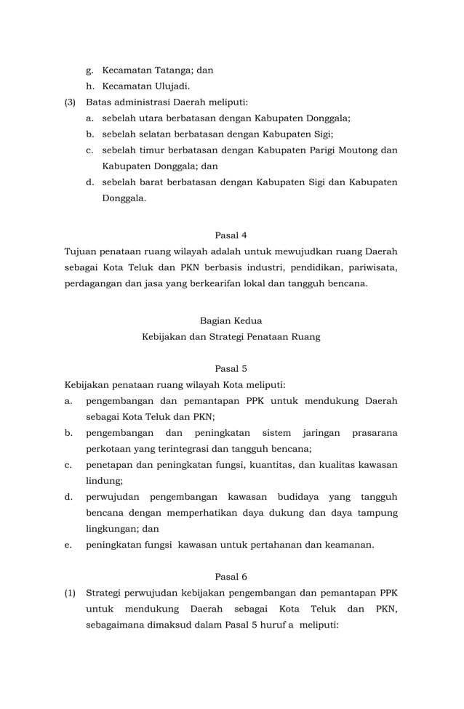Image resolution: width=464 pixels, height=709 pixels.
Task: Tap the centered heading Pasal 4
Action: pyautogui.click(x=231, y=235)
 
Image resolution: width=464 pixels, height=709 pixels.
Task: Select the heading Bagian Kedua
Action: pyautogui.click(x=231, y=320)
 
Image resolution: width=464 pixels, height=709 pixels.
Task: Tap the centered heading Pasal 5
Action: pyautogui.click(x=231, y=368)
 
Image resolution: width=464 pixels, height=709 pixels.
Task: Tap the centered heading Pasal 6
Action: pyautogui.click(x=231, y=576)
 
